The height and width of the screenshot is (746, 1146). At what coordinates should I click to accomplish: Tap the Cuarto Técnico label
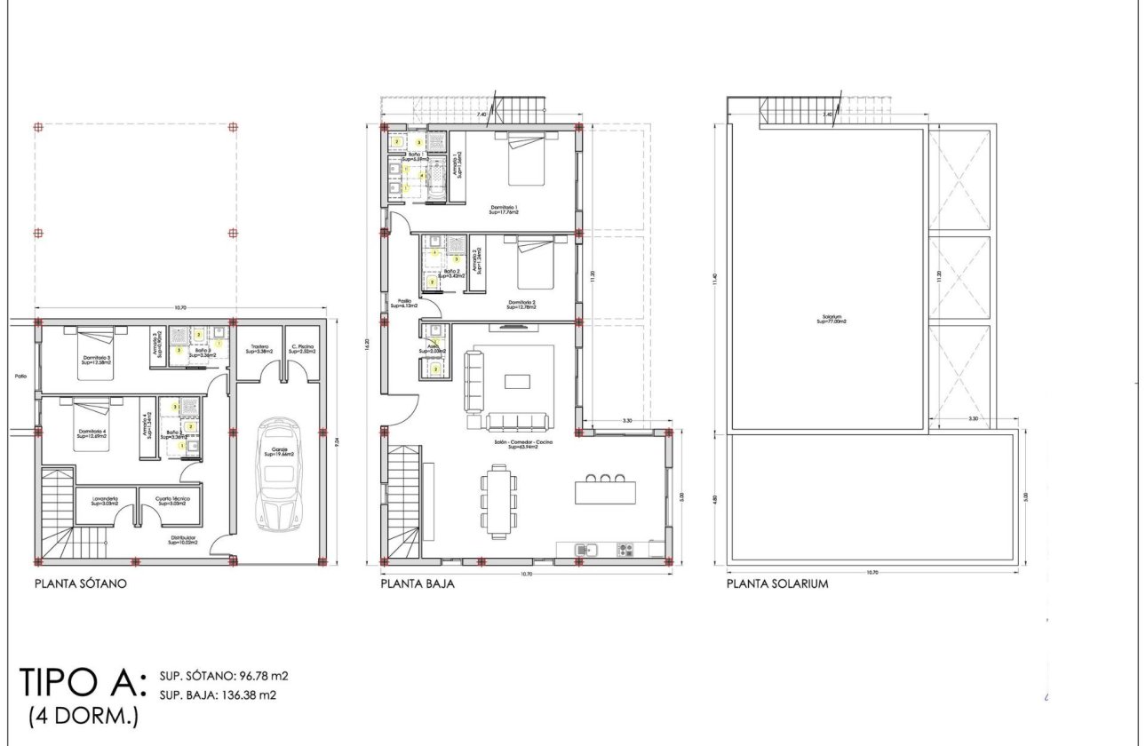click(x=174, y=501)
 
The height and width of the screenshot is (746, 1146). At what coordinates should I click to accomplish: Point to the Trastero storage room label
click(x=259, y=349)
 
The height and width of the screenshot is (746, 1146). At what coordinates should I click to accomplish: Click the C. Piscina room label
click(x=301, y=349)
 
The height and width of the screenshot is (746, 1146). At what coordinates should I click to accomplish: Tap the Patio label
click(x=20, y=377)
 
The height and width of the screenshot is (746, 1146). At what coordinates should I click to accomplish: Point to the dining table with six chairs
click(x=497, y=501)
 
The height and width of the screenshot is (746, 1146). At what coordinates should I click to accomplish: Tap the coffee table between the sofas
click(x=517, y=381)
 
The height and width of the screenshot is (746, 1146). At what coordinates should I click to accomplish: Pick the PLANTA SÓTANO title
click(x=81, y=584)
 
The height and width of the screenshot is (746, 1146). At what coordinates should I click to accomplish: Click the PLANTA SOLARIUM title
click(x=777, y=584)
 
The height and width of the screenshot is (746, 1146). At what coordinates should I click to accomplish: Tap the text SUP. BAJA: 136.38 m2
click(x=218, y=695)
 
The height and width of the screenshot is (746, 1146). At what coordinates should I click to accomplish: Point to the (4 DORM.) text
click(x=84, y=716)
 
